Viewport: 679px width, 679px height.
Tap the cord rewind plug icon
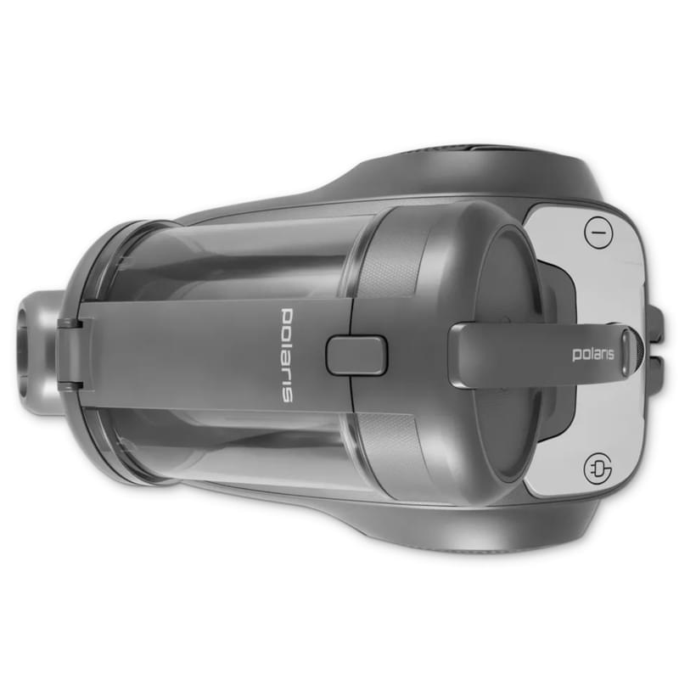tap(598, 468)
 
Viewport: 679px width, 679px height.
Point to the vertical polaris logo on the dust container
tap(287, 354)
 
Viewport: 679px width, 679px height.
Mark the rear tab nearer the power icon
tap(656, 322)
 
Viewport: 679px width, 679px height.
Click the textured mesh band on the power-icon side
tap(390, 255)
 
